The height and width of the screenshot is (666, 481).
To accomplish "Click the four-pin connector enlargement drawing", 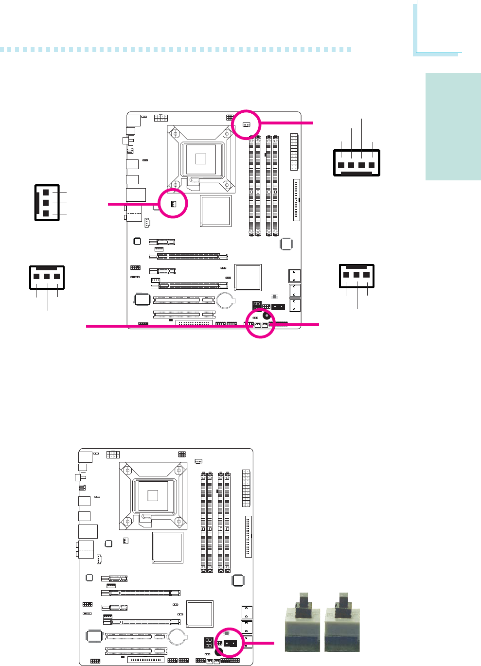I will click(356, 162).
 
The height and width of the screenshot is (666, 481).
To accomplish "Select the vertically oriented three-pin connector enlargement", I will click(47, 203).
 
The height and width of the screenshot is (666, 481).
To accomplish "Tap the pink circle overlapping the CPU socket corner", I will click(173, 203).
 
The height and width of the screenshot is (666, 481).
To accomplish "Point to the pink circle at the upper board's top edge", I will click(246, 124).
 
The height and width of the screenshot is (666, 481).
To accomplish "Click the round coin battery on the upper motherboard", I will click(225, 300).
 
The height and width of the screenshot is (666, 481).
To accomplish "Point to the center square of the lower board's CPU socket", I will click(153, 495).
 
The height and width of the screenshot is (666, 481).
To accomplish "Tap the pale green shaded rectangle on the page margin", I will click(453, 126).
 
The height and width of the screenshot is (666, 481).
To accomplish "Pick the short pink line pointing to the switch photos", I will click(263, 643).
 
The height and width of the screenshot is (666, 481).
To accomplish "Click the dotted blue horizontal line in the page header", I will click(175, 50).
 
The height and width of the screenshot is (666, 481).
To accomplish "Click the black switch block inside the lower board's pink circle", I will click(231, 643).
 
